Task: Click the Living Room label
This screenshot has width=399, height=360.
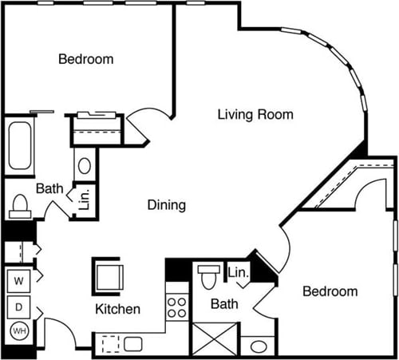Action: click(x=255, y=115)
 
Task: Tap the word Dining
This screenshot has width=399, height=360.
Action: click(x=167, y=205)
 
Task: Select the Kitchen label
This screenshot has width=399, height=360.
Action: click(x=118, y=309)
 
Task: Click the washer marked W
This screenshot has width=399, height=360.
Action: click(x=17, y=282)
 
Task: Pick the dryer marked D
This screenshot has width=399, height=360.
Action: click(x=17, y=307)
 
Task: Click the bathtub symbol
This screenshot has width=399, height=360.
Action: click(x=18, y=146)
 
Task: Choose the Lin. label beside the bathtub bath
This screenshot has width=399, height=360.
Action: click(x=84, y=199)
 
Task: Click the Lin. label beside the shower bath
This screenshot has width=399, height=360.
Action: click(x=238, y=273)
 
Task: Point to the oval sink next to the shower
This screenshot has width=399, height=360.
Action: click(x=258, y=346)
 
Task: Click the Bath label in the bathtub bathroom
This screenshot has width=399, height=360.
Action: click(x=49, y=188)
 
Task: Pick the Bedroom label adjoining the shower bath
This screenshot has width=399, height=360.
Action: click(x=330, y=291)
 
